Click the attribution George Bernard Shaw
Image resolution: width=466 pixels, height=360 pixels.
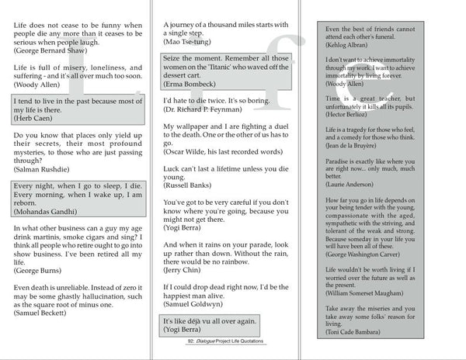[50, 50]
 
